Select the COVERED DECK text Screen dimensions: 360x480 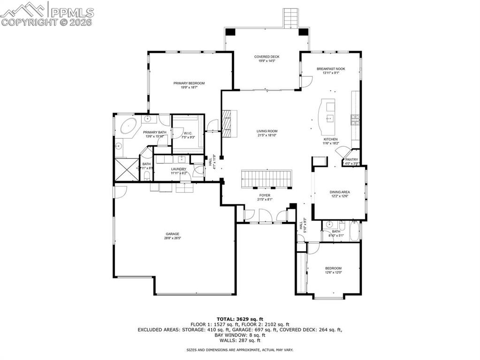[x=267, y=57]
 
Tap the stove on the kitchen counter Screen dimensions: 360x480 [x=355, y=120]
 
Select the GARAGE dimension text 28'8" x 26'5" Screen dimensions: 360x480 [x=172, y=238]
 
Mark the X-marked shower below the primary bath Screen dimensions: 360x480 [x=124, y=169]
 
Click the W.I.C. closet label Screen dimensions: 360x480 [x=188, y=133]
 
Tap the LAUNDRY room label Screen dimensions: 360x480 [x=178, y=169]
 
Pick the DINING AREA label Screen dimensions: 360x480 [x=339, y=192]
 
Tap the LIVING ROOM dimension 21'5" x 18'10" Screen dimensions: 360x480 [x=267, y=135]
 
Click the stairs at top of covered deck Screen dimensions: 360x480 [x=291, y=18]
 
